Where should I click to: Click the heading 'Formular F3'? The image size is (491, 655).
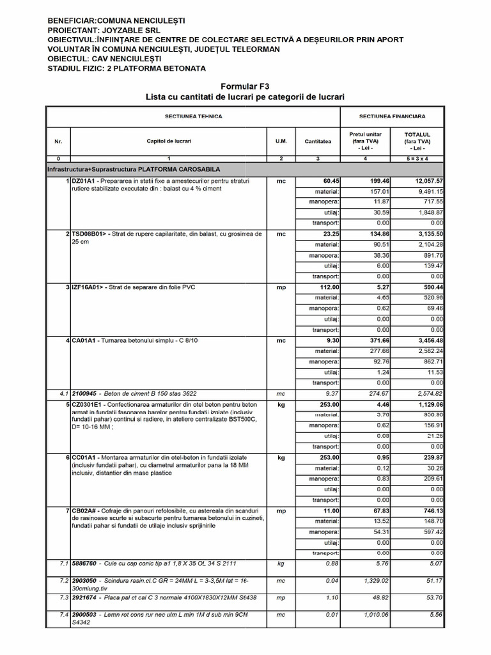point(245,86)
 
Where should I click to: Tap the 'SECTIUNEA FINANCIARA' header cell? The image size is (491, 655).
point(392,116)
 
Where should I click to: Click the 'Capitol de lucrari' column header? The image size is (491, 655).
point(169,140)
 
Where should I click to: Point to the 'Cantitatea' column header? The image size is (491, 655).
point(318,140)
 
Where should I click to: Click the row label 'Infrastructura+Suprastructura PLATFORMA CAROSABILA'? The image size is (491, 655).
point(134,170)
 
